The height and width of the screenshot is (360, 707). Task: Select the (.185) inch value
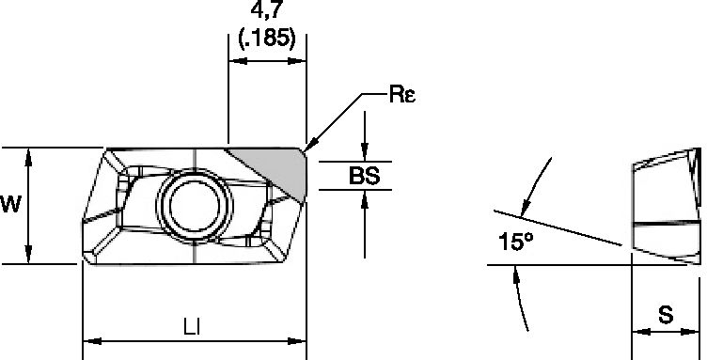click(x=268, y=39)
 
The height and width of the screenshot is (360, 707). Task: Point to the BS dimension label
click(x=365, y=176)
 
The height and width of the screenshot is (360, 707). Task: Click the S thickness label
click(x=666, y=316)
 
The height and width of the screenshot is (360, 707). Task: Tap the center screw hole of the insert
click(x=193, y=202)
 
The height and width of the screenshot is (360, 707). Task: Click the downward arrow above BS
click(x=365, y=155)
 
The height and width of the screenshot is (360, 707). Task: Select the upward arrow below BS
click(x=365, y=196)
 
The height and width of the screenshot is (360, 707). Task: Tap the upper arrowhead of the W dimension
click(x=31, y=153)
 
